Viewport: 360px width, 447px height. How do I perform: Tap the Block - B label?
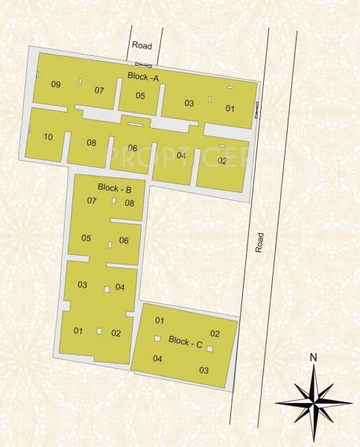[x=115, y=188]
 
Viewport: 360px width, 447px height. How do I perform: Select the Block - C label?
[x=186, y=342]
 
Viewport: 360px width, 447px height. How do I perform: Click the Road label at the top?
[x=142, y=46]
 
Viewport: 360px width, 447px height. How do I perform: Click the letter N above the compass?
[x=314, y=357]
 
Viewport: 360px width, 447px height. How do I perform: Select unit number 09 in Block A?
[x=56, y=84]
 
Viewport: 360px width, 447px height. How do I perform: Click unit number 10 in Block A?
[x=48, y=136]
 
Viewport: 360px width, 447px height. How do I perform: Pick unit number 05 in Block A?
[x=140, y=95]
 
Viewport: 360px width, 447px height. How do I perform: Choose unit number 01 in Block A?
[x=230, y=109]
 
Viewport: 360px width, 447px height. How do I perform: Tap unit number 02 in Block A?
[x=222, y=160]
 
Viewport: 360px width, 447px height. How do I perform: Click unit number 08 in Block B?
[x=129, y=203]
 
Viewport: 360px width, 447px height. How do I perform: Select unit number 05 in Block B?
[x=86, y=238]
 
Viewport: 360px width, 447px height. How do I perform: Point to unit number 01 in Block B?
[x=78, y=331]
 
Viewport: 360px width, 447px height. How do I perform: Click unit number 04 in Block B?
[x=120, y=288]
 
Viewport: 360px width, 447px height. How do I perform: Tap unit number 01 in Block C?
[x=159, y=321]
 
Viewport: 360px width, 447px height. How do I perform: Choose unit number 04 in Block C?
[x=157, y=359]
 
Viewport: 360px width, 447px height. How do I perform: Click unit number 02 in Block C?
[x=215, y=334]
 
